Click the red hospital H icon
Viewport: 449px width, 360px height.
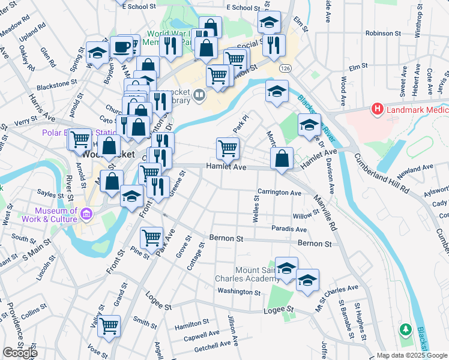pos(377,109)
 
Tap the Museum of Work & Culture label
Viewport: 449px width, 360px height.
pos(56,215)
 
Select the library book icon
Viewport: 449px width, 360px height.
pos(199,95)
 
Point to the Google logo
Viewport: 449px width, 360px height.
pos(20,353)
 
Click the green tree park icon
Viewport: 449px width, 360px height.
pos(406,329)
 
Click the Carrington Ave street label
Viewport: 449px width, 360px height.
pos(279,193)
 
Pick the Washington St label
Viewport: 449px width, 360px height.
pos(239,292)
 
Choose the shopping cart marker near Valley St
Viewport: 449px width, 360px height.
pos(109,326)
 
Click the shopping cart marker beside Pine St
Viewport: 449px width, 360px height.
pos(151,238)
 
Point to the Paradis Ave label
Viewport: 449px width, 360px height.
pos(289,229)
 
